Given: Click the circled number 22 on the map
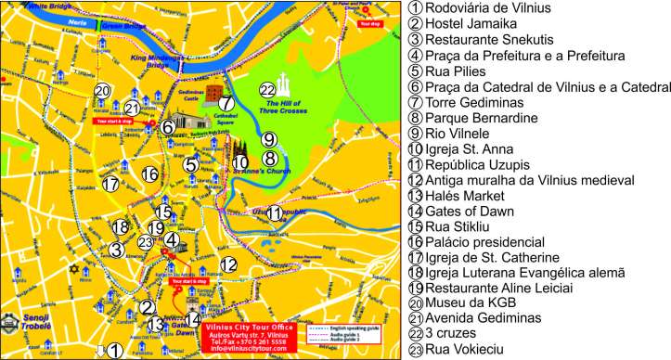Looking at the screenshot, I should [x=267, y=90].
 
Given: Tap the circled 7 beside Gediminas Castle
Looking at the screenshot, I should [x=226, y=102].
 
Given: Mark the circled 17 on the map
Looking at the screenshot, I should [x=111, y=184].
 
